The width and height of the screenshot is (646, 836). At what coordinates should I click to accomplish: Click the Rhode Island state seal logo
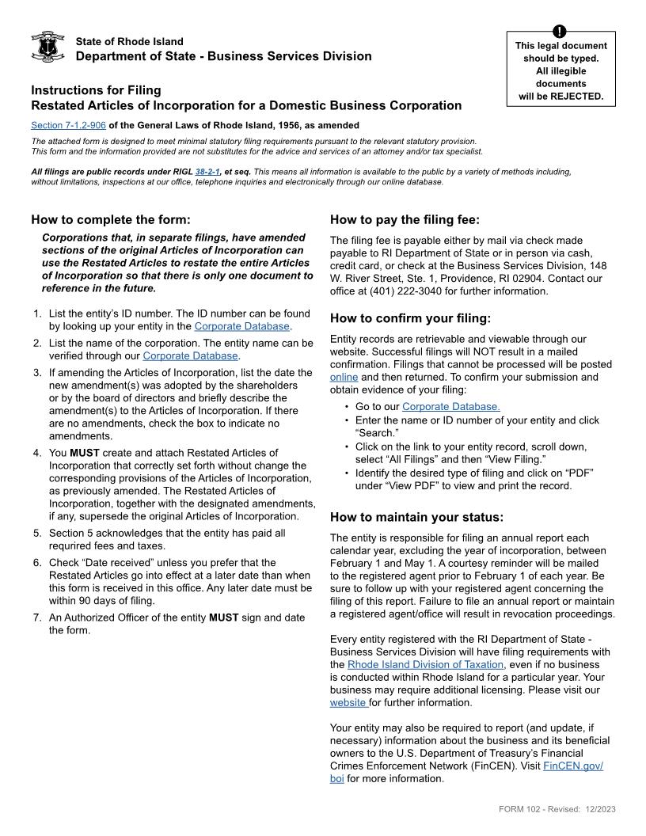point(47,47)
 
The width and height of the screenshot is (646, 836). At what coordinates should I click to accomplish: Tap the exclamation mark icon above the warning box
point(560,32)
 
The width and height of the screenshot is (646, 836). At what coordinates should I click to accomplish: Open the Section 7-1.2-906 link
point(68,125)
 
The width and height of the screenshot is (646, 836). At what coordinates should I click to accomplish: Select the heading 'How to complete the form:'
point(111,220)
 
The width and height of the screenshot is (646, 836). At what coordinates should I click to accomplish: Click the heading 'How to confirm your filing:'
point(410,319)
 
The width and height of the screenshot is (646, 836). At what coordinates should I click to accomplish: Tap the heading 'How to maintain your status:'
point(416,518)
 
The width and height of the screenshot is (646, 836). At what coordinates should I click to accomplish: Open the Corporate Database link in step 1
point(242,326)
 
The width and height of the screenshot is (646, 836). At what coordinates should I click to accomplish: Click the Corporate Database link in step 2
point(191,356)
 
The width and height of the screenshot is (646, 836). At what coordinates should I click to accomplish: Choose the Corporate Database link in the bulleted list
point(450,407)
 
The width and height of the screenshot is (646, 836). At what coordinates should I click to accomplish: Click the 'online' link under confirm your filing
point(344,378)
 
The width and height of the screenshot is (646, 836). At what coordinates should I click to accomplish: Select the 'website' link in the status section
point(348,703)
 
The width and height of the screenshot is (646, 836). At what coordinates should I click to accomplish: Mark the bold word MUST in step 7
point(223,617)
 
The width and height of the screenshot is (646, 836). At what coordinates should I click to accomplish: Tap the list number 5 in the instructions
point(37,534)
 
